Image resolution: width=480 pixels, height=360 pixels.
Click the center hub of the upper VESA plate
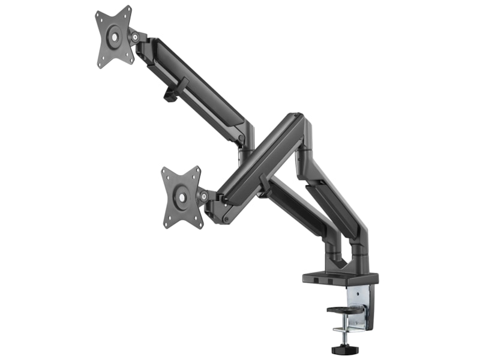112,37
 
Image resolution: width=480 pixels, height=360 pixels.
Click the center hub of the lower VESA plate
180,196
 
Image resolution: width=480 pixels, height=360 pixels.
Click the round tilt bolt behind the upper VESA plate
136,37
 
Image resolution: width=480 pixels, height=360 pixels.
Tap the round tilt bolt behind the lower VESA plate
204,196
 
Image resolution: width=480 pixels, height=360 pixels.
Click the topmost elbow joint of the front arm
295,120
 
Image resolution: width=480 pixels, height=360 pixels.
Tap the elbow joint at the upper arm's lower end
243,137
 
